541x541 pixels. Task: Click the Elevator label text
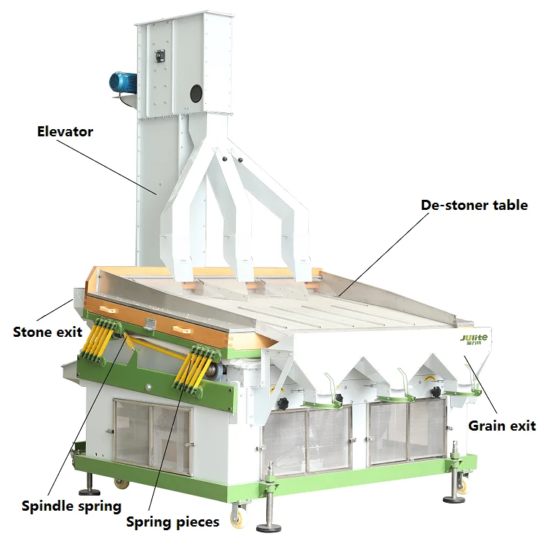coord(65,131)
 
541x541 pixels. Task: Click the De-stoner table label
coord(474,205)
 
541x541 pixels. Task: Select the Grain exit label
coord(502,426)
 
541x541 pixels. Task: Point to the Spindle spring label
coord(71,506)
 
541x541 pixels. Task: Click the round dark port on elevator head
coord(196,92)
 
